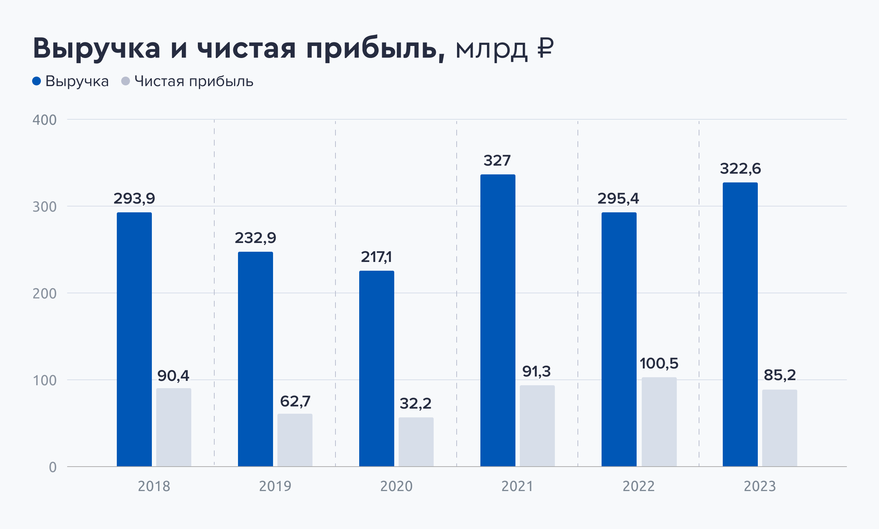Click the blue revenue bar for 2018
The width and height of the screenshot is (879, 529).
tap(134, 339)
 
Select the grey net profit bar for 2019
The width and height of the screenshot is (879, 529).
tap(295, 440)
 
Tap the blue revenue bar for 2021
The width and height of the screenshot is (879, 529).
tap(498, 320)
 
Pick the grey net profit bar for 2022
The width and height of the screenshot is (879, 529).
tap(659, 422)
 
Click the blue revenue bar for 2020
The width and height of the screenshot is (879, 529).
tap(377, 368)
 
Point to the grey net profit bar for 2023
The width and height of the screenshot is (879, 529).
tap(780, 428)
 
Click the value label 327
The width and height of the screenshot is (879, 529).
tap(497, 161)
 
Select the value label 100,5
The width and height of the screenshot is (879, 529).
tap(659, 363)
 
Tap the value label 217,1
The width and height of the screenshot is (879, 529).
tap(376, 257)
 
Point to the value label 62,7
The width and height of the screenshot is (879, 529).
tap(295, 401)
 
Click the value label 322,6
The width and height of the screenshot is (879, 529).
tap(740, 169)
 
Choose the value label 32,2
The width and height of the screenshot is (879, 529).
tap(415, 403)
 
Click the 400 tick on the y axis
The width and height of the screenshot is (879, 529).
tap(45, 120)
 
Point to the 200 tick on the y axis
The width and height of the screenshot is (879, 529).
tap(45, 294)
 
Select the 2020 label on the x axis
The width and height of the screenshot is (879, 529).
tap(396, 486)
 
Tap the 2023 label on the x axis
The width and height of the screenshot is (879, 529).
tap(760, 486)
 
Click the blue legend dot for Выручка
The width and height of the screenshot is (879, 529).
tap(37, 81)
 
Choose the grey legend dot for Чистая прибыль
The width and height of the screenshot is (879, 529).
tap(126, 81)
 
